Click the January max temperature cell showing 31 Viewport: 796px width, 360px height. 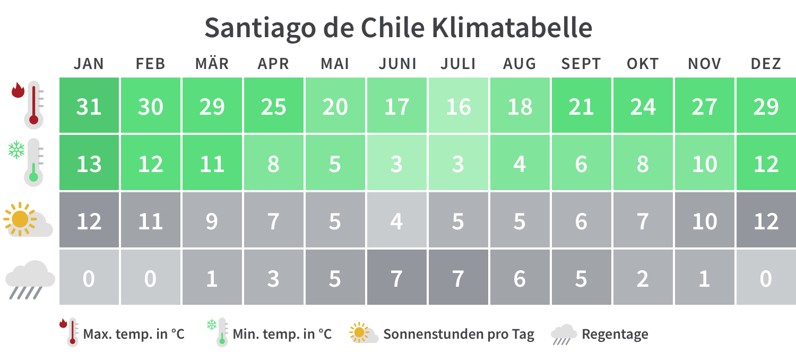tap(89, 106)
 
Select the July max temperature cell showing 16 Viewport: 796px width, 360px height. tap(458, 106)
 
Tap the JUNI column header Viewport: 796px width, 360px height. tap(397, 64)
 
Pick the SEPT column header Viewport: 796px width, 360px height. tap(581, 64)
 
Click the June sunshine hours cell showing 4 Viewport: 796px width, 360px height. tap(397, 220)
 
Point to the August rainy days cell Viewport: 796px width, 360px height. tap(520, 278)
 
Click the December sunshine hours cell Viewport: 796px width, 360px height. tap(766, 220)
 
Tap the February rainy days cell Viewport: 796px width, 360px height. tap(151, 278)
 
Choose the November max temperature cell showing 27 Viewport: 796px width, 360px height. tap(704, 106)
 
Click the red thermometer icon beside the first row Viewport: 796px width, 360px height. tap(29, 105)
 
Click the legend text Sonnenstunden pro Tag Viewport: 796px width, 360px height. tap(458, 335)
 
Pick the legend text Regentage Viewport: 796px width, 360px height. tap(615, 335)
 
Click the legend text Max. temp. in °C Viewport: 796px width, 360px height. tap(133, 335)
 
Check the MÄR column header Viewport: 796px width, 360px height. tap(212, 64)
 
